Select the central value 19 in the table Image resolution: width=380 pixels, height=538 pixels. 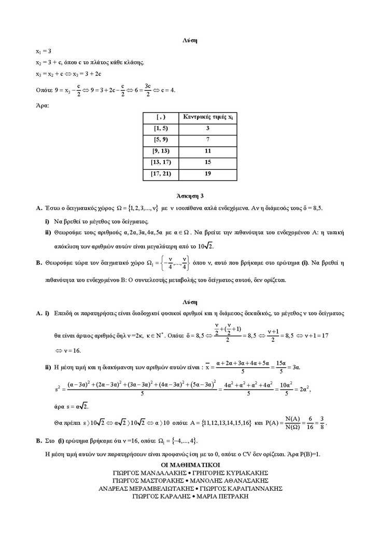coord(207,174)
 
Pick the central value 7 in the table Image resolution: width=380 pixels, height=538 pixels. coord(207,140)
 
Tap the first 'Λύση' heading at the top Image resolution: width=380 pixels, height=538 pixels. coord(190,40)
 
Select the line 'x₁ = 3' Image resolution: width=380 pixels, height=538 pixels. coord(43,51)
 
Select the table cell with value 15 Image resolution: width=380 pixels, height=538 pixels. coord(207,162)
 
